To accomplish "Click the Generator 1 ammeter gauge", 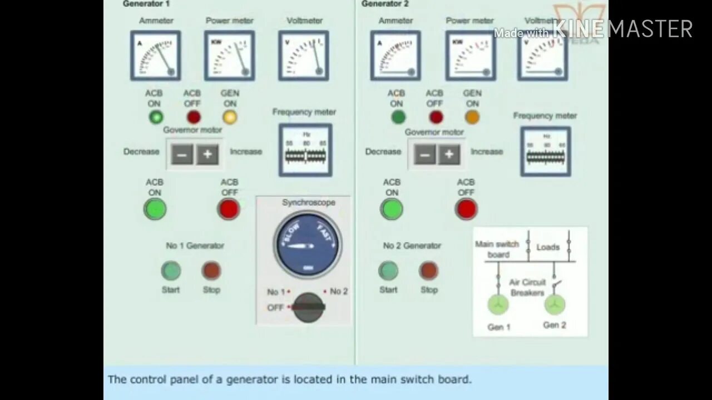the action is (x=155, y=56).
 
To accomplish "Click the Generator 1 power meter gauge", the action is (x=229, y=56).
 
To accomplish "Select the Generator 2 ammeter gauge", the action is (x=395, y=56).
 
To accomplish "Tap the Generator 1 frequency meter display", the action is (x=305, y=150).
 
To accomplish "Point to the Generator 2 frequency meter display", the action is (x=545, y=152).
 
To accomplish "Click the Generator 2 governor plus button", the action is (x=449, y=154).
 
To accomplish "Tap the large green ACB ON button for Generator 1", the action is (x=155, y=209).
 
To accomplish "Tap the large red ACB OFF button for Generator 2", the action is (x=466, y=209).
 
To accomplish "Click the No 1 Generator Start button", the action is (x=171, y=271).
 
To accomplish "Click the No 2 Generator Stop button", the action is (x=428, y=271).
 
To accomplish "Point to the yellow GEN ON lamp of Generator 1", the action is (x=230, y=117).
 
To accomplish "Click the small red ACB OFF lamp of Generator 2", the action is (x=436, y=117).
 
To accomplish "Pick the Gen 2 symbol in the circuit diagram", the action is (x=554, y=304).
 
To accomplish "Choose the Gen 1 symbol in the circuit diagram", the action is (x=498, y=304).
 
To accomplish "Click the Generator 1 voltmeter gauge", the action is (x=304, y=56).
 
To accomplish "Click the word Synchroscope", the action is (x=308, y=203).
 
